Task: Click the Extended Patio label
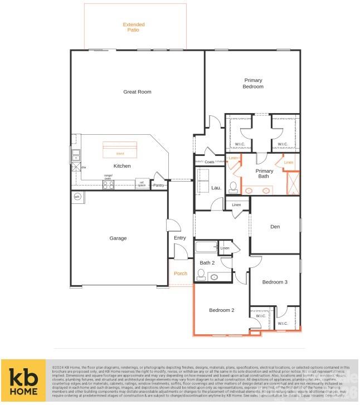tap(134, 27)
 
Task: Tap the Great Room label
tap(137, 92)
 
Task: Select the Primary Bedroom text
tap(252, 84)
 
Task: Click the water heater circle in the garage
tap(77, 197)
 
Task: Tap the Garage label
tap(118, 238)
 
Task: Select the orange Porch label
tap(181, 274)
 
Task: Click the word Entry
tap(179, 238)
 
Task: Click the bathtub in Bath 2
tap(206, 247)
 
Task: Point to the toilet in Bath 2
tap(202, 274)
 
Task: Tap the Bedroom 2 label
tap(221, 310)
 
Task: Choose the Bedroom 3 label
tap(275, 282)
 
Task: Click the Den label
tap(275, 227)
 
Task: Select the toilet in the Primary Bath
tap(234, 186)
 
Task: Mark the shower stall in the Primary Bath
tap(292, 183)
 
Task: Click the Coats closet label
tap(209, 162)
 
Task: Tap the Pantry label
tap(159, 185)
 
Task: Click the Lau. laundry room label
tap(216, 188)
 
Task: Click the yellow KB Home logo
tap(23, 381)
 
